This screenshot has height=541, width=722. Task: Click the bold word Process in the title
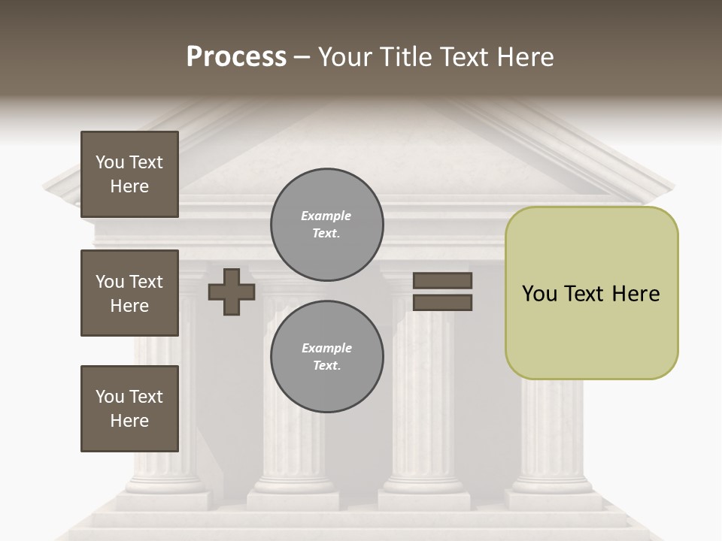236,57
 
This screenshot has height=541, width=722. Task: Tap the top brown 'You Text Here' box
129,174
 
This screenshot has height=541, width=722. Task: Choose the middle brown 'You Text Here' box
129,293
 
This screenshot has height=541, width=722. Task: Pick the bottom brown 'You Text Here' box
129,409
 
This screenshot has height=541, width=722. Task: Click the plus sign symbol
232,292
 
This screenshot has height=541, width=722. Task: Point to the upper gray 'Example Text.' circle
326,225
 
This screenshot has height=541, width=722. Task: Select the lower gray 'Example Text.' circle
326,357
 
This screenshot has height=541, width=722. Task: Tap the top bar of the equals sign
443,281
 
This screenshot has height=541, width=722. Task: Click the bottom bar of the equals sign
443,303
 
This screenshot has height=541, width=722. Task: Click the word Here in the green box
636,294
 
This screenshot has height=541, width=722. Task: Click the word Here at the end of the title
524,57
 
